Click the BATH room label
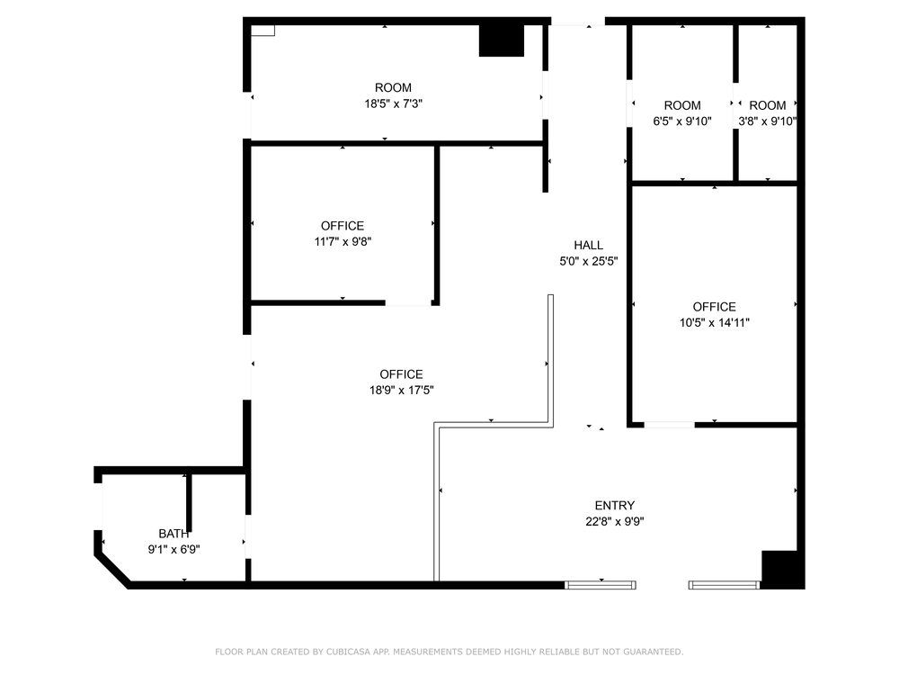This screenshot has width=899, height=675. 174,534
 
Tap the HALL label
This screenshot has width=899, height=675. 588,245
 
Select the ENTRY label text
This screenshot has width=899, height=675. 615,506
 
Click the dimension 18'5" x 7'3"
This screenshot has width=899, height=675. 394,103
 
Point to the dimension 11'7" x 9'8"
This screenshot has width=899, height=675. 343,241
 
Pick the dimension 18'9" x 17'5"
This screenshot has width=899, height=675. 401,391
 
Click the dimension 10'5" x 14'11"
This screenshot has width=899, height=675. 715,322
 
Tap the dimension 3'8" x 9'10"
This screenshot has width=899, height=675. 767,121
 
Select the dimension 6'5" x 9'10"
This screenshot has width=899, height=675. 682,121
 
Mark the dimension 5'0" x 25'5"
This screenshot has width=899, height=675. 588,261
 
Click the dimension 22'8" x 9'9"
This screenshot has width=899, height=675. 615,522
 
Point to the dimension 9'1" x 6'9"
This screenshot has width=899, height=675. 174,549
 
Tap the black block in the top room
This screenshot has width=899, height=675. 501,40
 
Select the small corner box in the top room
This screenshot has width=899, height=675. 263,31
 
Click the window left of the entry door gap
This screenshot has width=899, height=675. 601,585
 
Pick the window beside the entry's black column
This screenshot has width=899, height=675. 724,585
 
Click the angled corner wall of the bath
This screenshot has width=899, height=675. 112,570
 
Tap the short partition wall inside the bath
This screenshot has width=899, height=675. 189,503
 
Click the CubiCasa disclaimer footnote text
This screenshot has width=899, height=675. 449,652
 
